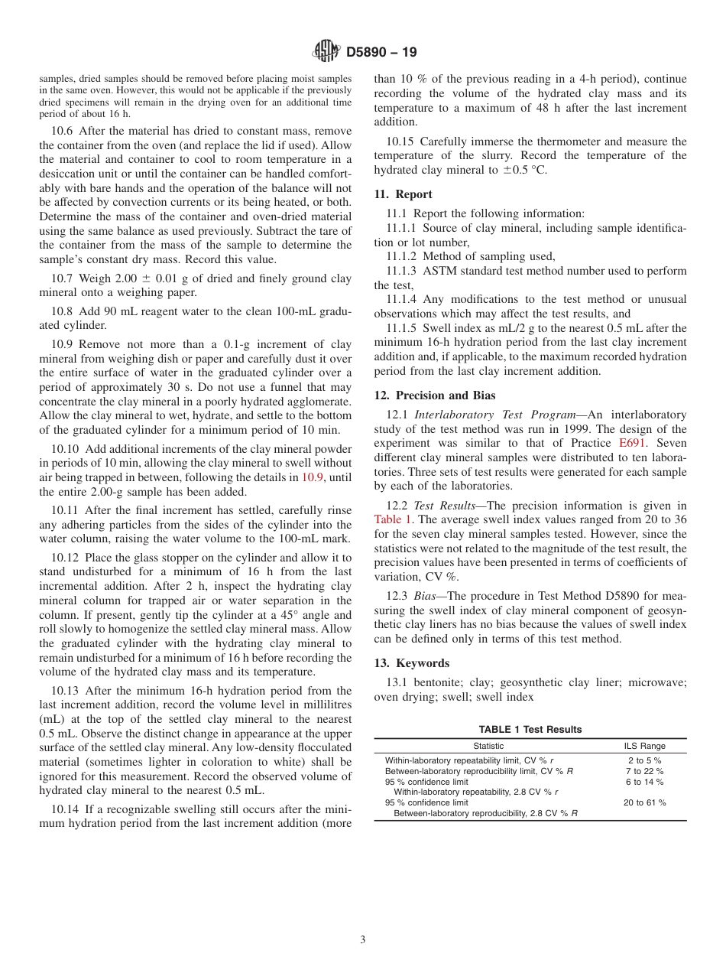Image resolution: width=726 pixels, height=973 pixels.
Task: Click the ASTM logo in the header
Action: pyautogui.click(x=326, y=52)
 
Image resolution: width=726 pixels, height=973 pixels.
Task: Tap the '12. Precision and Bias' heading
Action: pyautogui.click(x=435, y=395)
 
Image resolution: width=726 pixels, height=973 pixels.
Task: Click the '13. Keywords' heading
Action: pyautogui.click(x=411, y=663)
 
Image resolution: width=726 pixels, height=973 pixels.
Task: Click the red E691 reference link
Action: pyautogui.click(x=632, y=443)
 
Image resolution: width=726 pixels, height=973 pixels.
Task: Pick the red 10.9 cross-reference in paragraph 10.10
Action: pyautogui.click(x=312, y=477)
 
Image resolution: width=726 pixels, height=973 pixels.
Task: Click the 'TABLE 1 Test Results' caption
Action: pyautogui.click(x=530, y=729)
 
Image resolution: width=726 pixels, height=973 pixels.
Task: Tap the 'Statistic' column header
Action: pyautogui.click(x=488, y=746)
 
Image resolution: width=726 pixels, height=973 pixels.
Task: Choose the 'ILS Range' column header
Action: pyautogui.click(x=644, y=746)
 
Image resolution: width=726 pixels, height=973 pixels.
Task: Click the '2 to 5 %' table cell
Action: pyautogui.click(x=644, y=760)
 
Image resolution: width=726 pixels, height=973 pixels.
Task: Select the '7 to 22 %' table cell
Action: pyautogui.click(x=644, y=771)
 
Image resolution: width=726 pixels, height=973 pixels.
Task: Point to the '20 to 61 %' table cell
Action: pyautogui.click(x=644, y=802)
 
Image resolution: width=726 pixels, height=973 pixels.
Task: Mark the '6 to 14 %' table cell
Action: pyautogui.click(x=644, y=782)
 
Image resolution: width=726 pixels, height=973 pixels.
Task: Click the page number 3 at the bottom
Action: pyautogui.click(x=363, y=940)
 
